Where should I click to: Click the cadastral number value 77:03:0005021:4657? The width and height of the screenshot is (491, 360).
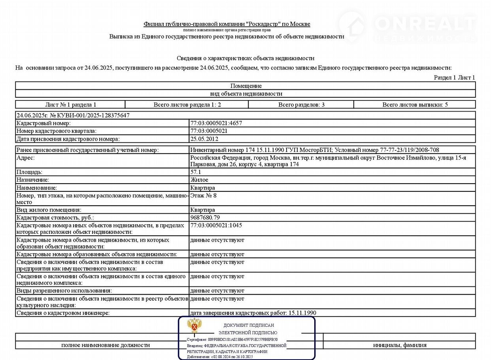216,123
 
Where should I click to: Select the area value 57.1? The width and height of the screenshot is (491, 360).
196,172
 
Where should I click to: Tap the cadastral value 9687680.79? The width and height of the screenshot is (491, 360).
205,218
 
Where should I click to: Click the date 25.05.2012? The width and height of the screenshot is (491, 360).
204,139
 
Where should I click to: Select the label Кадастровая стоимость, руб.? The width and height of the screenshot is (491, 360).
55,218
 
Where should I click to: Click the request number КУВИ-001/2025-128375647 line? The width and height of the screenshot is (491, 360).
73,115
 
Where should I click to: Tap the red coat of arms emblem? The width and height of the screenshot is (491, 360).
195,326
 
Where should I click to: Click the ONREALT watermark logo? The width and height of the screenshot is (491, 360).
407,25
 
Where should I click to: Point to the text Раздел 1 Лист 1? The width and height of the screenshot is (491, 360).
454,78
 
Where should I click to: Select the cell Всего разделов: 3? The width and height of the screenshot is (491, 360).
301,105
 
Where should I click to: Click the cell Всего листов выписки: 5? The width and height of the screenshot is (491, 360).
415,105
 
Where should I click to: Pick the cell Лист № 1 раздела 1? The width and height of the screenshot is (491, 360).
71,105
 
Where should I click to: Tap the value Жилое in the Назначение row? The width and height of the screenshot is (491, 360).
199,180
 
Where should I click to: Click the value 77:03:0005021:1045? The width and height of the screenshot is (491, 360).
216,225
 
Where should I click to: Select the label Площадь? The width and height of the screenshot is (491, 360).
29,172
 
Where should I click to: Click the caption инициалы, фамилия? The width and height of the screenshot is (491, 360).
400,345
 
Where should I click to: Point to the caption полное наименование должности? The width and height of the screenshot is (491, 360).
106,345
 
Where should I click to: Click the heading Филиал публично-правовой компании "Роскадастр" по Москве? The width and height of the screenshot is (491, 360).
227,24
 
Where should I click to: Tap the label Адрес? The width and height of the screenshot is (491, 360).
25,158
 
